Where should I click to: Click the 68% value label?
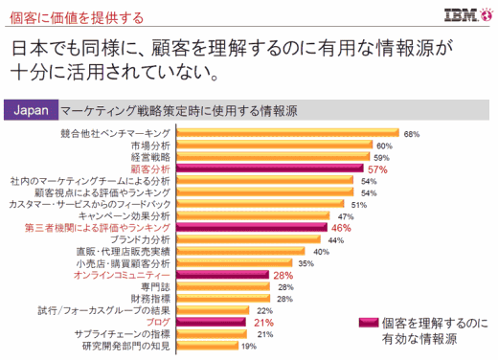[x=413, y=133]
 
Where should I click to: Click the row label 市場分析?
[x=150, y=145]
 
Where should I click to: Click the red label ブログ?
[x=158, y=323]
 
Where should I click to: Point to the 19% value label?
[x=248, y=347]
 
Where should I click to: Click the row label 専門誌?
[x=157, y=286]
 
